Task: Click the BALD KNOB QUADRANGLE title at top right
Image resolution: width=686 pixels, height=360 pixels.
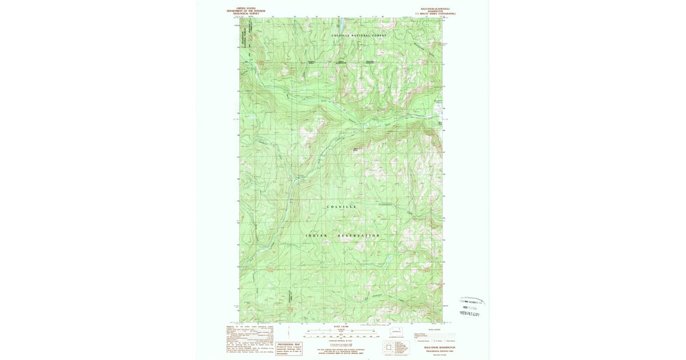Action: [435, 9]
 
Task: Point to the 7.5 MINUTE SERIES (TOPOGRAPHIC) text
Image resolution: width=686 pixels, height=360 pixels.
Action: [435, 14]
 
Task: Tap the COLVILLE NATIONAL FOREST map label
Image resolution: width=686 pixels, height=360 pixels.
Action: [360, 35]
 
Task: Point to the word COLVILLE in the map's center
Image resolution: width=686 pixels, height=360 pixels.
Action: [342, 206]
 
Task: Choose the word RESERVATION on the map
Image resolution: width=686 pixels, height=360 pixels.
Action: [357, 235]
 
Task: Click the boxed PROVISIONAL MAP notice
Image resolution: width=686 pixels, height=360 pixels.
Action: [289, 349]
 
